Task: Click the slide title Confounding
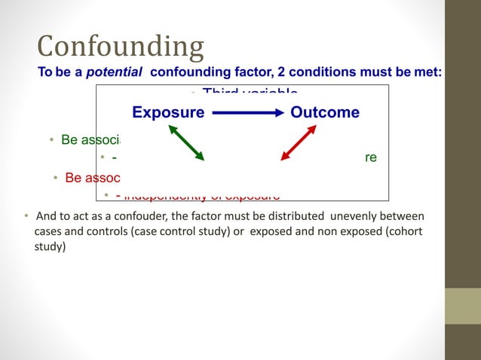[x=121, y=47]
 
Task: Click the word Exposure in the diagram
[x=168, y=113]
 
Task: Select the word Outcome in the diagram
[x=325, y=113]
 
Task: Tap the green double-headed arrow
[x=186, y=143]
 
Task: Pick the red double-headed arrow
[x=298, y=143]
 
